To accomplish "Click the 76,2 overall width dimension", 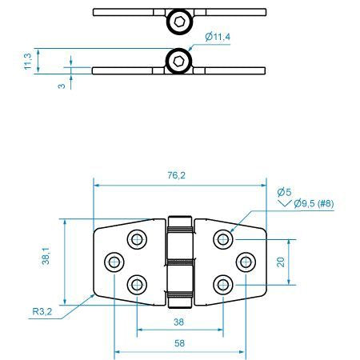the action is tap(176, 175).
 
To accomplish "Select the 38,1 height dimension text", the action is tap(46, 255).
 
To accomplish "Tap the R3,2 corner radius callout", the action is tap(42, 311).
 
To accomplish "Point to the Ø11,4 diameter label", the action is tap(218, 36).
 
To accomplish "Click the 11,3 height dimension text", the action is tap(28, 62).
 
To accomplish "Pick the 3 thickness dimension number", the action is tap(62, 86).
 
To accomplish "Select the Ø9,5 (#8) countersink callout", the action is tap(314, 204).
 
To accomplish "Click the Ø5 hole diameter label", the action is tap(284, 192).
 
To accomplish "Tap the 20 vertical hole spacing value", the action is tap(281, 262).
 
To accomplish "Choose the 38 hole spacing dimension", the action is tap(178, 322).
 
